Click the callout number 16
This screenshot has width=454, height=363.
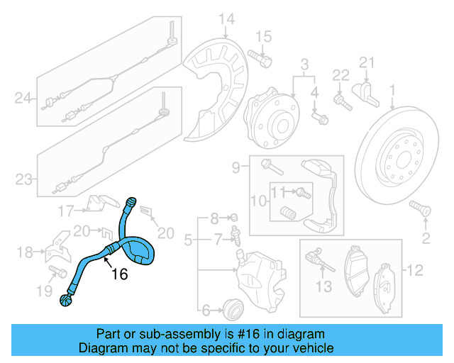pos(119,274)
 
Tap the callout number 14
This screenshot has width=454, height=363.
pos(226,19)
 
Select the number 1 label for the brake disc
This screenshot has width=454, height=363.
pos(391,90)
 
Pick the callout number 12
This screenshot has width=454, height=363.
pos(416,269)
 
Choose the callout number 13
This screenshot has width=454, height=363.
pos(323,286)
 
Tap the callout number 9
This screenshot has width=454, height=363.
pos(236,167)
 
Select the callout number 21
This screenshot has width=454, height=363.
pos(365,62)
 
